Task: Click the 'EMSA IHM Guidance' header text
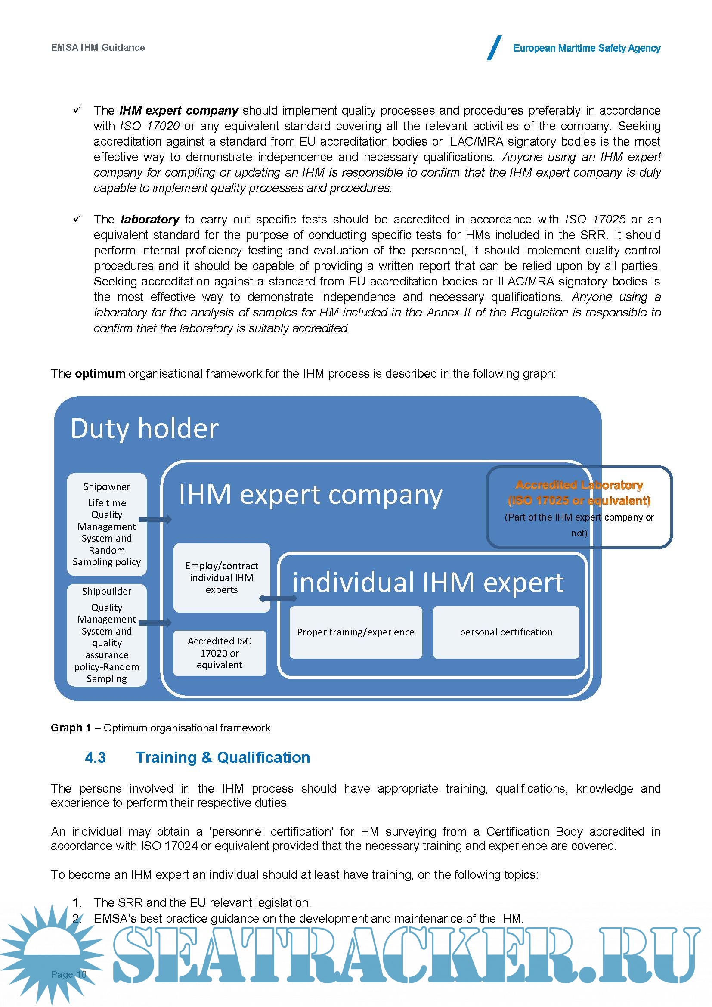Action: pos(98,47)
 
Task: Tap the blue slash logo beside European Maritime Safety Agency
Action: pos(494,47)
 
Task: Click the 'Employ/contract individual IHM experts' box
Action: pos(221,577)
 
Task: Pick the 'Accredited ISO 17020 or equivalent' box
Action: pos(220,653)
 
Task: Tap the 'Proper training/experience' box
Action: pos(356,632)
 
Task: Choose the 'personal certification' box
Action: pos(505,632)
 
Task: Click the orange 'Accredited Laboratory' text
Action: pos(579,485)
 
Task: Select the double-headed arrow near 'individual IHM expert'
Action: pos(278,598)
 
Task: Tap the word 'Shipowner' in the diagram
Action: pos(106,486)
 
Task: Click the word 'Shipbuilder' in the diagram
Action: pos(106,591)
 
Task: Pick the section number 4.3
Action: pos(95,757)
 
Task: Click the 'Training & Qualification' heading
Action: pos(223,757)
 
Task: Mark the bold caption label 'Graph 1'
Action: pos(71,728)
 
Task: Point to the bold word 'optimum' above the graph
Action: pos(100,373)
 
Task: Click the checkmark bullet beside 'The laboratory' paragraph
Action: pos(77,218)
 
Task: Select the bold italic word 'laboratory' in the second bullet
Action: pos(150,219)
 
